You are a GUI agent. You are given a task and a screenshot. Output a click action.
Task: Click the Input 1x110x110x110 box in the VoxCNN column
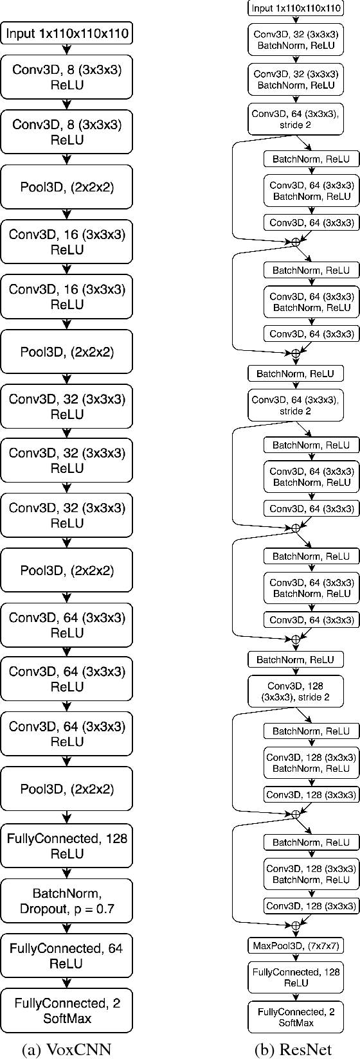click(x=67, y=33)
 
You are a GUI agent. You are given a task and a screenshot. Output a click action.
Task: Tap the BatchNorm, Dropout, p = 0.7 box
click(x=67, y=901)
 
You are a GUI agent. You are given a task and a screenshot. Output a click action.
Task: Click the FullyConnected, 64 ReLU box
click(x=67, y=956)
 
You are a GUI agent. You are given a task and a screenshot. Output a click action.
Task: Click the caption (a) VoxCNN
click(x=66, y=1048)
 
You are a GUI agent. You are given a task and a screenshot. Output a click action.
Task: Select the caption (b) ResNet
click(x=293, y=1048)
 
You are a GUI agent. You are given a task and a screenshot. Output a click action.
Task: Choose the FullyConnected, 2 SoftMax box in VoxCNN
click(x=67, y=1010)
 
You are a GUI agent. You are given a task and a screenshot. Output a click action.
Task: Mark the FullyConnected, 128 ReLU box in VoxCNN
click(x=67, y=846)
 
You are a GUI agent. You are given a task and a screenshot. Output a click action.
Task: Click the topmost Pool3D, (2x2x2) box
click(x=67, y=187)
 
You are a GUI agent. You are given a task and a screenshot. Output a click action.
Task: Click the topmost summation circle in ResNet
click(x=296, y=242)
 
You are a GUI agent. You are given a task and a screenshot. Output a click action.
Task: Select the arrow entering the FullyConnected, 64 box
click(x=67, y=929)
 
